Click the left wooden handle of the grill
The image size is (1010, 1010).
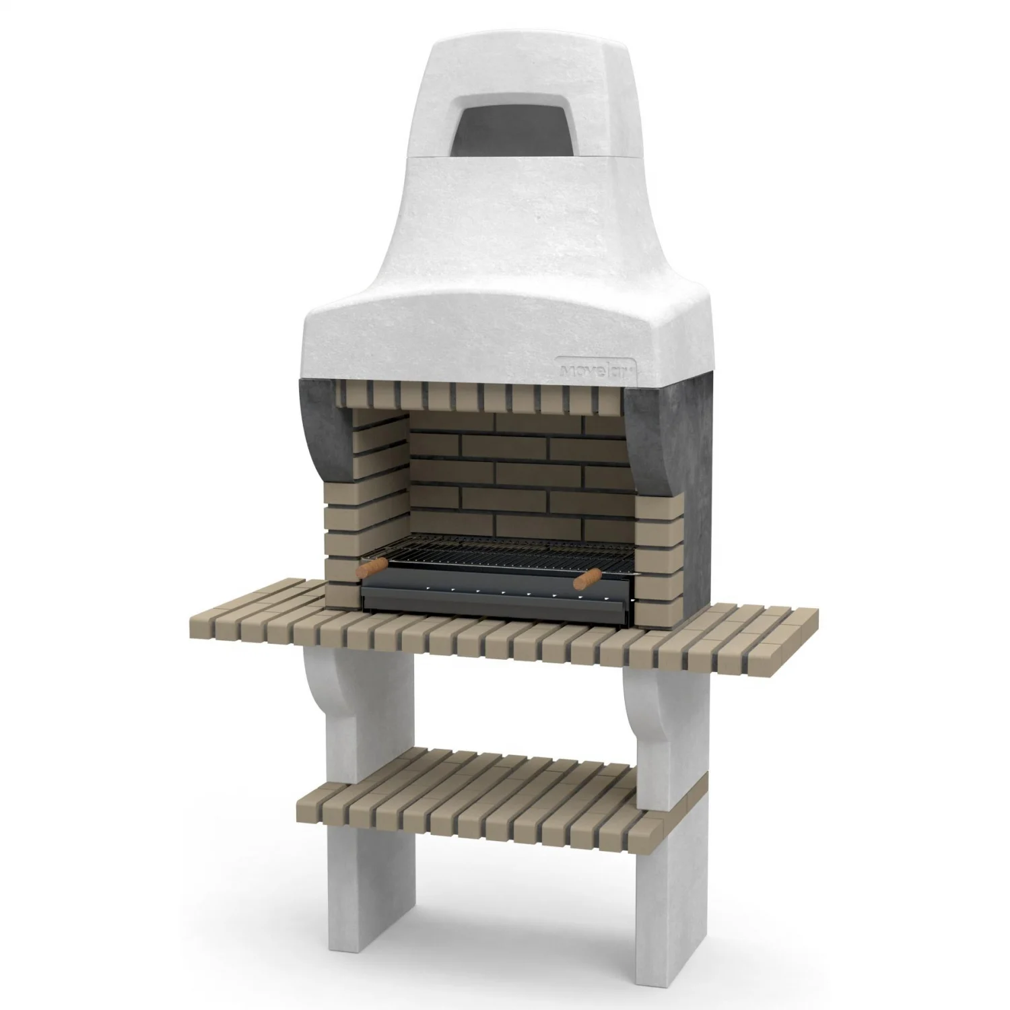(x=372, y=568)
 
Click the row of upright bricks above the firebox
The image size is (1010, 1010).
(x=485, y=397)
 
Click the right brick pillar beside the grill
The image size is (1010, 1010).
(x=656, y=559)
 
